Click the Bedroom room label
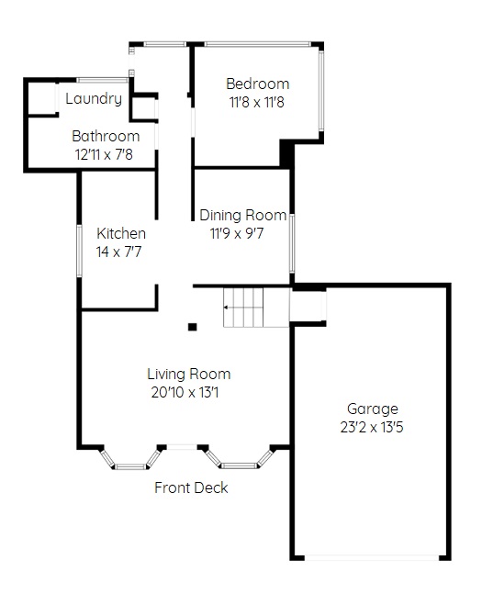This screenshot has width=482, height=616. coord(258,84)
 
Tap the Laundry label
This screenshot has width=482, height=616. coord(94,98)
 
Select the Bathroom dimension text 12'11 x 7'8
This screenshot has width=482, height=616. coord(104,154)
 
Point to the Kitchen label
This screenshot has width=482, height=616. coord(121,233)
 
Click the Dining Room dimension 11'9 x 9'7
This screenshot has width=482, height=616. coord(237,234)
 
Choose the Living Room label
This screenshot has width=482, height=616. coord(188,374)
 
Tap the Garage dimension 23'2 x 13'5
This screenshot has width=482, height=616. coord(372,427)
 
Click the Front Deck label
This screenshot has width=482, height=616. coord(191,487)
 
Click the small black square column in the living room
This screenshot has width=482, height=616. coord(192,327)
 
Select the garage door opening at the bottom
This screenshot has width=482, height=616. coord(372,557)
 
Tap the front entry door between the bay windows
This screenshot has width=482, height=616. coord(182,447)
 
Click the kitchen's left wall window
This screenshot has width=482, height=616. coord(79,251)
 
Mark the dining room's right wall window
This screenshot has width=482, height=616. coord(292,243)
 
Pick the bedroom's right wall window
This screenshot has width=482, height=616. coord(321,91)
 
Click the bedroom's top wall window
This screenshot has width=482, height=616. coord(258,44)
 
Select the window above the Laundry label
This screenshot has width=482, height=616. coord(103,80)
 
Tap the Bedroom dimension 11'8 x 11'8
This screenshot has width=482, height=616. coord(256,103)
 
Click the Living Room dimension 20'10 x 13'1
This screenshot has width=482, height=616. coord(185,393)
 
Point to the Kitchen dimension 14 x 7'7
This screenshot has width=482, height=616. coord(118,252)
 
